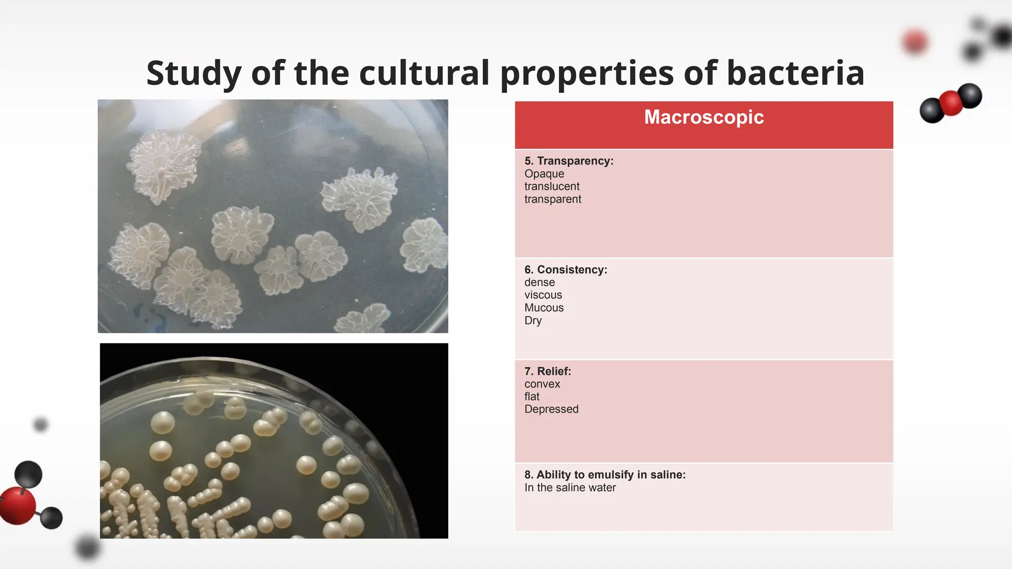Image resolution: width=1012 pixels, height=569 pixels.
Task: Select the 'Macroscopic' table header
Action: (x=704, y=118)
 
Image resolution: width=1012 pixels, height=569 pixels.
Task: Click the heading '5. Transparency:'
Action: (x=569, y=161)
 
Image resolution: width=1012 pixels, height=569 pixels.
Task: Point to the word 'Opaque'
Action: (x=544, y=174)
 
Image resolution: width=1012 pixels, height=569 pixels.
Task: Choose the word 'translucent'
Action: (x=552, y=187)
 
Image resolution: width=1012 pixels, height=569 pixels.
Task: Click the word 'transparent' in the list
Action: (x=552, y=200)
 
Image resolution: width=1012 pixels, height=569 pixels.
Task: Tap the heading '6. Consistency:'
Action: (x=566, y=270)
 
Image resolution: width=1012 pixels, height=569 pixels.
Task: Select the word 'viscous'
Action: (x=543, y=295)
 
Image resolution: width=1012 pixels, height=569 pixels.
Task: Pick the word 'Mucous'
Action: (x=544, y=308)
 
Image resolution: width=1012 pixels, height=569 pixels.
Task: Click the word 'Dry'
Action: (x=533, y=321)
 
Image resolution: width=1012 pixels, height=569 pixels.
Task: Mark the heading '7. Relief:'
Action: (x=548, y=371)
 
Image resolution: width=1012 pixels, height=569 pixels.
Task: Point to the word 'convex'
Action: (x=542, y=384)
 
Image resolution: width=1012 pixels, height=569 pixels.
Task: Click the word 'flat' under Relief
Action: (x=532, y=397)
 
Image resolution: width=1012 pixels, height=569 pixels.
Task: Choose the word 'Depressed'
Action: (x=551, y=409)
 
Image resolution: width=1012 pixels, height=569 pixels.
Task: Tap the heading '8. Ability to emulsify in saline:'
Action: (x=605, y=475)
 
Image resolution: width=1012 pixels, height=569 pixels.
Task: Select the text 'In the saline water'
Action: (x=570, y=488)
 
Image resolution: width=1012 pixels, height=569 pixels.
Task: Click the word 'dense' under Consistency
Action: (x=540, y=283)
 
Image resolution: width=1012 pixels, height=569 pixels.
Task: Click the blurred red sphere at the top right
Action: (x=915, y=41)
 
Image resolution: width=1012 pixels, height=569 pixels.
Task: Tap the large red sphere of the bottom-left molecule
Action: (x=18, y=505)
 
